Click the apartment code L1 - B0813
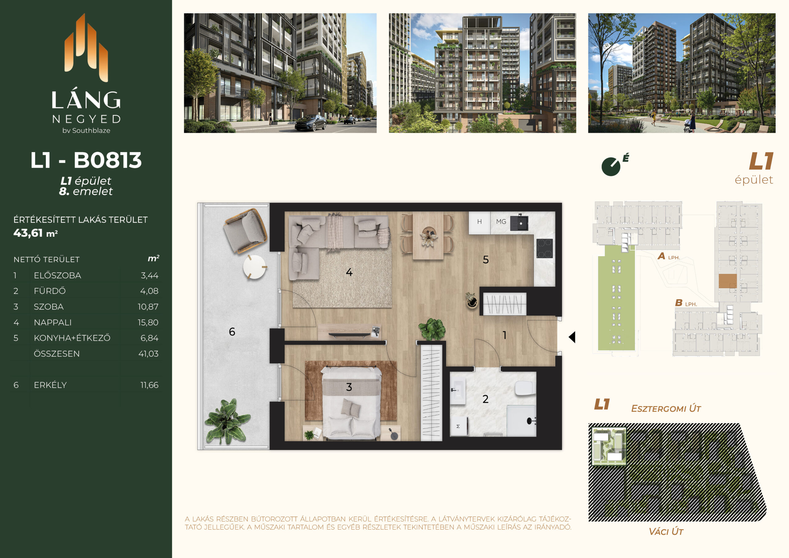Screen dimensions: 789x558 pyautogui.click(x=86, y=160)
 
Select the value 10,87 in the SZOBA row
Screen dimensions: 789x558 pyautogui.click(x=148, y=307)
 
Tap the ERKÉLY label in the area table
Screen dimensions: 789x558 pyautogui.click(x=50, y=385)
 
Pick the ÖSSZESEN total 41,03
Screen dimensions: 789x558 pyautogui.click(x=149, y=354)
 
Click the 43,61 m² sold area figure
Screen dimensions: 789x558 pyautogui.click(x=36, y=233)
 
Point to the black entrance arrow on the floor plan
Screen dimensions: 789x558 pyautogui.click(x=572, y=337)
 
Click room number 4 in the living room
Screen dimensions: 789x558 pyautogui.click(x=349, y=272)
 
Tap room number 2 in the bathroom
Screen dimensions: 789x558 pyautogui.click(x=485, y=399)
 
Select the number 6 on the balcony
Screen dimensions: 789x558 pyautogui.click(x=232, y=331)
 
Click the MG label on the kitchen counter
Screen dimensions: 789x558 pyautogui.click(x=501, y=222)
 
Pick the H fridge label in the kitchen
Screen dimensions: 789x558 pyautogui.click(x=479, y=222)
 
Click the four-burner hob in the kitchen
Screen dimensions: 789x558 pyautogui.click(x=545, y=248)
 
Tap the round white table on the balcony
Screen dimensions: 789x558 pyautogui.click(x=255, y=267)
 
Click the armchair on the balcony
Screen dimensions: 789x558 pyautogui.click(x=245, y=230)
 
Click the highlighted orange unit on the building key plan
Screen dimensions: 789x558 pyautogui.click(x=727, y=281)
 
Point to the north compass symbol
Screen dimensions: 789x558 pyautogui.click(x=611, y=166)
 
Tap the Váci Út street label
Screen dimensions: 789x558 pyautogui.click(x=666, y=531)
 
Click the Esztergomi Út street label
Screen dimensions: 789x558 pyautogui.click(x=666, y=408)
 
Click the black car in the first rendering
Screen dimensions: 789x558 pyautogui.click(x=311, y=123)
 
